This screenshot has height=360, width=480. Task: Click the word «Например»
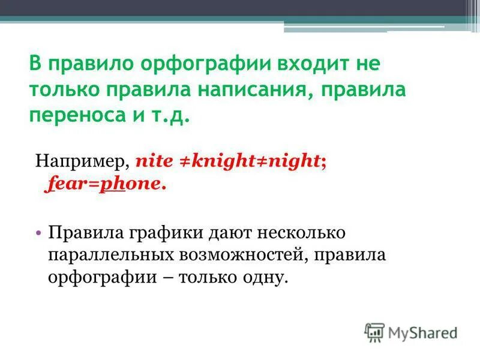82,161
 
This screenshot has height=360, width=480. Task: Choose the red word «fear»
62,184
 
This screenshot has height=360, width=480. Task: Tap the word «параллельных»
109,255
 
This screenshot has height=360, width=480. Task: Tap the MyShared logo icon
375,332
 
